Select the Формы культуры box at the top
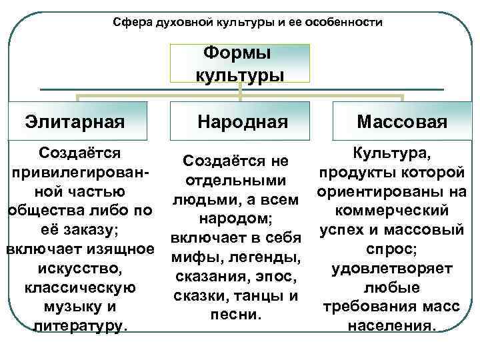[x=240, y=64]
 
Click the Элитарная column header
[x=75, y=121]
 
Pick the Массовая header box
[x=402, y=121]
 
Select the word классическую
[x=80, y=288]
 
